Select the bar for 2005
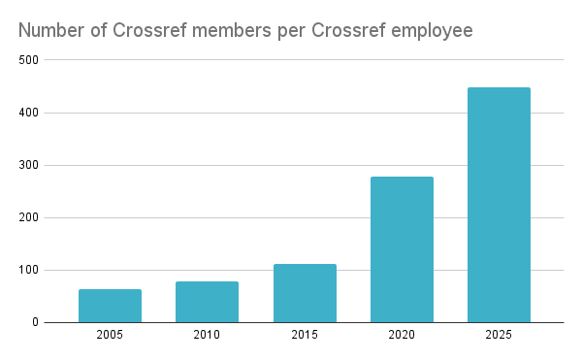click(110, 306)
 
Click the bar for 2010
click(207, 302)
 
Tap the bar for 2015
click(305, 293)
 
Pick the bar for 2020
click(402, 249)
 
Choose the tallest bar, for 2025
click(499, 205)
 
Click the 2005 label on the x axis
click(110, 335)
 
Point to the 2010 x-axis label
click(207, 335)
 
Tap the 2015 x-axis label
click(305, 335)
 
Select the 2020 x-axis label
click(402, 335)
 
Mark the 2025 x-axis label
click(499, 335)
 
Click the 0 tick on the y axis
click(36, 322)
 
